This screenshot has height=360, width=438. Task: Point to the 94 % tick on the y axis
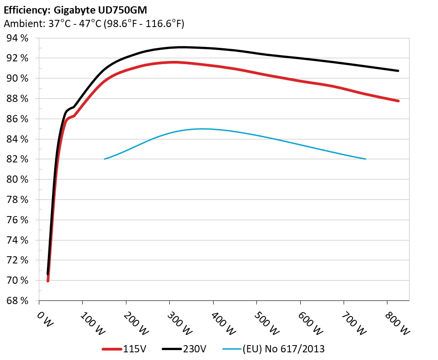point(18,38)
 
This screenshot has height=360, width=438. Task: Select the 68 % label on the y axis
point(18,300)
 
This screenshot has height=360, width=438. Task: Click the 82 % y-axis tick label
point(18,159)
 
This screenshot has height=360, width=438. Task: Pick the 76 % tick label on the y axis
point(18,220)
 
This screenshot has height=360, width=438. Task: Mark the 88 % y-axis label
point(18,99)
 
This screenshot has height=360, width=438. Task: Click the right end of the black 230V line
point(398,71)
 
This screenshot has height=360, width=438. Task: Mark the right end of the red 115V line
point(398,101)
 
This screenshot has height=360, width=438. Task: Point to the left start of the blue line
point(105,159)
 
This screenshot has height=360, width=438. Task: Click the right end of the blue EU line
point(365,159)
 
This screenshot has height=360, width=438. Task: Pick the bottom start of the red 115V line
point(48,281)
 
